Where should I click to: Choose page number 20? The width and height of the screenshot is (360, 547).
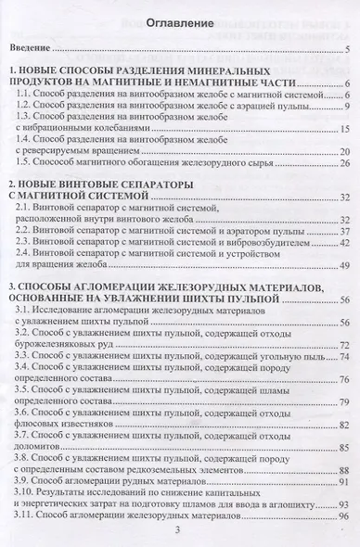(342, 150)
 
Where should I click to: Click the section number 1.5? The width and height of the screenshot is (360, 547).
(37, 163)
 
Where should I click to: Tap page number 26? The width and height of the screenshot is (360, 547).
(342, 163)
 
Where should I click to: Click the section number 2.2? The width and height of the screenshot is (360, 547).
(37, 231)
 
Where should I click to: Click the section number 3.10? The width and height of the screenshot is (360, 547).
(40, 492)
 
